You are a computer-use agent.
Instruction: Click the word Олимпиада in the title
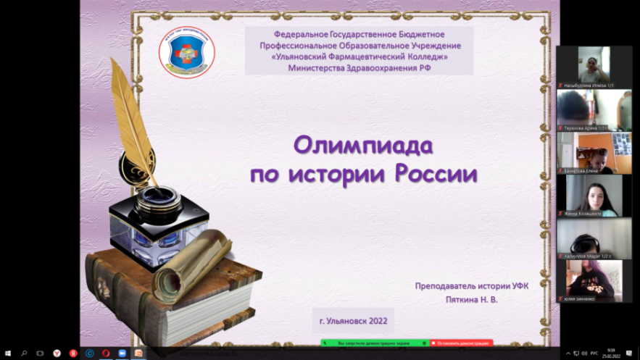pyautogui.click(x=362, y=146)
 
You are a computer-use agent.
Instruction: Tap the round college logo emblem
pyautogui.click(x=187, y=53)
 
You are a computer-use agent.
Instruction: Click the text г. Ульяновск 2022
pyautogui.click(x=353, y=320)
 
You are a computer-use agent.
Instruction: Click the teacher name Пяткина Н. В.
pyautogui.click(x=472, y=299)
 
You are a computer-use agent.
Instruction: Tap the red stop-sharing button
pyautogui.click(x=461, y=343)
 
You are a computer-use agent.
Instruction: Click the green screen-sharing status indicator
pyautogui.click(x=374, y=343)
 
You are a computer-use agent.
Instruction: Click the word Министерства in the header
pyautogui.click(x=319, y=67)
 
